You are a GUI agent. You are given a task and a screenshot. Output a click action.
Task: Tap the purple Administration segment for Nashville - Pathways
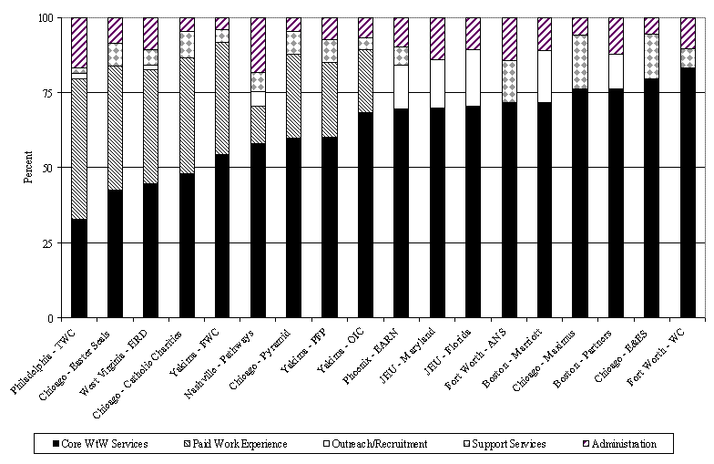click(259, 45)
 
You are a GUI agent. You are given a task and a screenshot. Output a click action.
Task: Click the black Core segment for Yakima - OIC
click(366, 215)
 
